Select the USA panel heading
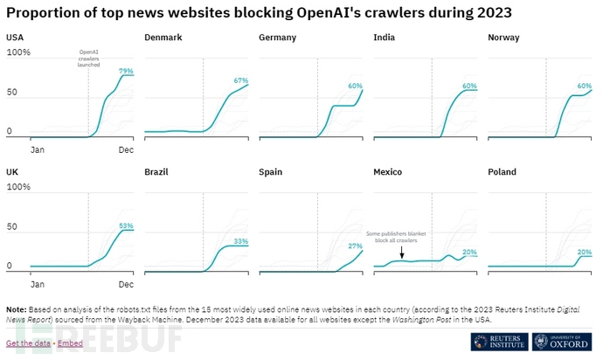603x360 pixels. point(15,38)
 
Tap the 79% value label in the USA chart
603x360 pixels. point(126,71)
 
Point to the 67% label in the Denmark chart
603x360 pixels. point(240,80)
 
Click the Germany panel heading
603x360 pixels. point(277,38)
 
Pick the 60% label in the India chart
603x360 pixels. point(469,86)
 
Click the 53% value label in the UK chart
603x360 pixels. point(126,225)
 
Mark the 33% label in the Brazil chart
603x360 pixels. point(240,241)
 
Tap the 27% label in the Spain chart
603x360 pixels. point(355,246)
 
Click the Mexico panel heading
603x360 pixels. point(387,172)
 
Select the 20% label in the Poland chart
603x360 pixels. point(584,252)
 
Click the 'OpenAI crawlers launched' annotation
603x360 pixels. point(88,59)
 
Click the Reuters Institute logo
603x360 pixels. point(496,342)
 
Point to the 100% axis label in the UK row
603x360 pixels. point(18,187)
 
